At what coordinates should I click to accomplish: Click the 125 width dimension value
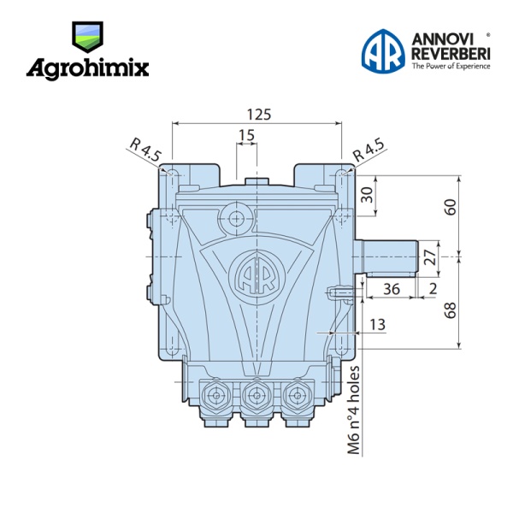pos(259,115)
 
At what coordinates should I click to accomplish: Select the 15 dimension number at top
pos(247,135)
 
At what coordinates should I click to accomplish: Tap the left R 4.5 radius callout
pos(145,150)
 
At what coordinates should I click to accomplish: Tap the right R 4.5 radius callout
pos(369,150)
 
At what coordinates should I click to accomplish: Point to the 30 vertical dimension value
pos(368,195)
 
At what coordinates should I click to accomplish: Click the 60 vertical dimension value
pos(451,207)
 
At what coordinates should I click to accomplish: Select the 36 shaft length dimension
pos(392,289)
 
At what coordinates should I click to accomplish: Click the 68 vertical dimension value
pos(451,310)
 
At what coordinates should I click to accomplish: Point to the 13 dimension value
pos(377,325)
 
